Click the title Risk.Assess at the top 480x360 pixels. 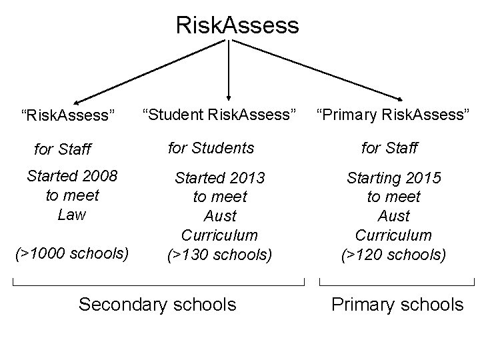point(237,25)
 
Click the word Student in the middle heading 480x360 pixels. point(173,115)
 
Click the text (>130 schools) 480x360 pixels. point(220,254)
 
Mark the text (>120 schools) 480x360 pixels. point(393,254)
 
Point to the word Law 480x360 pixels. point(71,215)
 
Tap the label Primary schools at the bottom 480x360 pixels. point(397,305)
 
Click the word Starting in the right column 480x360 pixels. point(374,178)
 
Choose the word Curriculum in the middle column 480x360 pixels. point(220,235)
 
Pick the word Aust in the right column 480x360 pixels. point(393,216)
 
